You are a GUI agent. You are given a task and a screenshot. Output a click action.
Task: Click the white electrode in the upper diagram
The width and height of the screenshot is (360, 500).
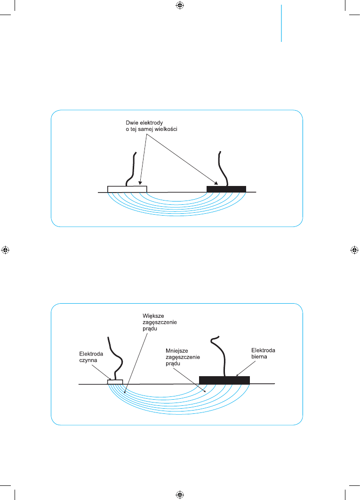[127, 189]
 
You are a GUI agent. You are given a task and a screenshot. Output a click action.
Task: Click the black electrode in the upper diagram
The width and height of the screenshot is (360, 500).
[226, 189]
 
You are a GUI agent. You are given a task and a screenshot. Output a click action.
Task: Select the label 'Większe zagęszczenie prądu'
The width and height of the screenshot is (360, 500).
[160, 322]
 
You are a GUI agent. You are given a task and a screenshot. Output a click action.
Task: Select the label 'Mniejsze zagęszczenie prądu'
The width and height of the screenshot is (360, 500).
[183, 357]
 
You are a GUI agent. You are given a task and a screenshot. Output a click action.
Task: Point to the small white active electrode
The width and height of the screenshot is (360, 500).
[115, 382]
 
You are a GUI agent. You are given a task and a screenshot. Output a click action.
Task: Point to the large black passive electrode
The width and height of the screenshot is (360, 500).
[224, 380]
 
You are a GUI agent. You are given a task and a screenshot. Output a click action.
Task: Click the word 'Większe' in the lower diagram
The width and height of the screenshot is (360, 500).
[153, 315]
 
